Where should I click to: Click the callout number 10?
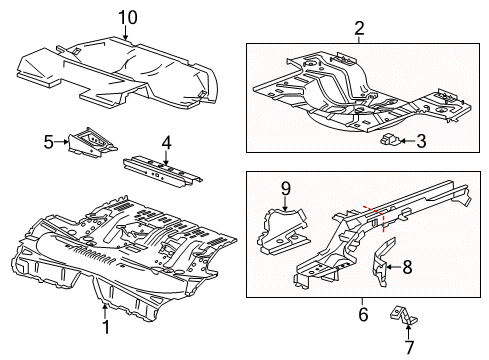126,16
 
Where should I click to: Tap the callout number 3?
421,142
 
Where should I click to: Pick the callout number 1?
104,325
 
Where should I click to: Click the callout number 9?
284,186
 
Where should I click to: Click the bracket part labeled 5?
87,142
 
